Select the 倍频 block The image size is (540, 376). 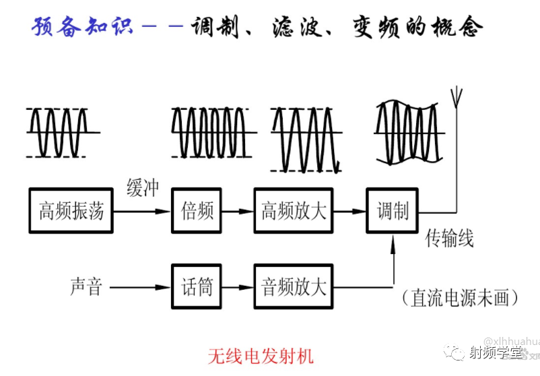(x=197, y=211)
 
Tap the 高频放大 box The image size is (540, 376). (x=294, y=211)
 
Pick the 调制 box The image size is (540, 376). (x=392, y=211)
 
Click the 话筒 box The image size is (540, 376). (x=197, y=288)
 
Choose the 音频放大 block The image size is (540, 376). (x=294, y=288)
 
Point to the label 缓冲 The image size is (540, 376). (x=143, y=188)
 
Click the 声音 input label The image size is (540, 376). (x=86, y=288)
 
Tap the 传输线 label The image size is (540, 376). (x=449, y=238)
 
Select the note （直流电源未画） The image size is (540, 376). (x=463, y=297)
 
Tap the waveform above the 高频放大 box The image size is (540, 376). (x=305, y=138)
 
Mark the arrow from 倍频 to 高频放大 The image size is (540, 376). (x=237, y=211)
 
